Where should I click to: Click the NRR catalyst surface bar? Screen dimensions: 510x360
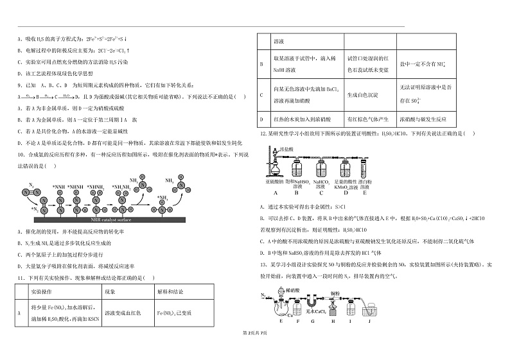[128, 220]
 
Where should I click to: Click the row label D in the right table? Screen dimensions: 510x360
[261, 119]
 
